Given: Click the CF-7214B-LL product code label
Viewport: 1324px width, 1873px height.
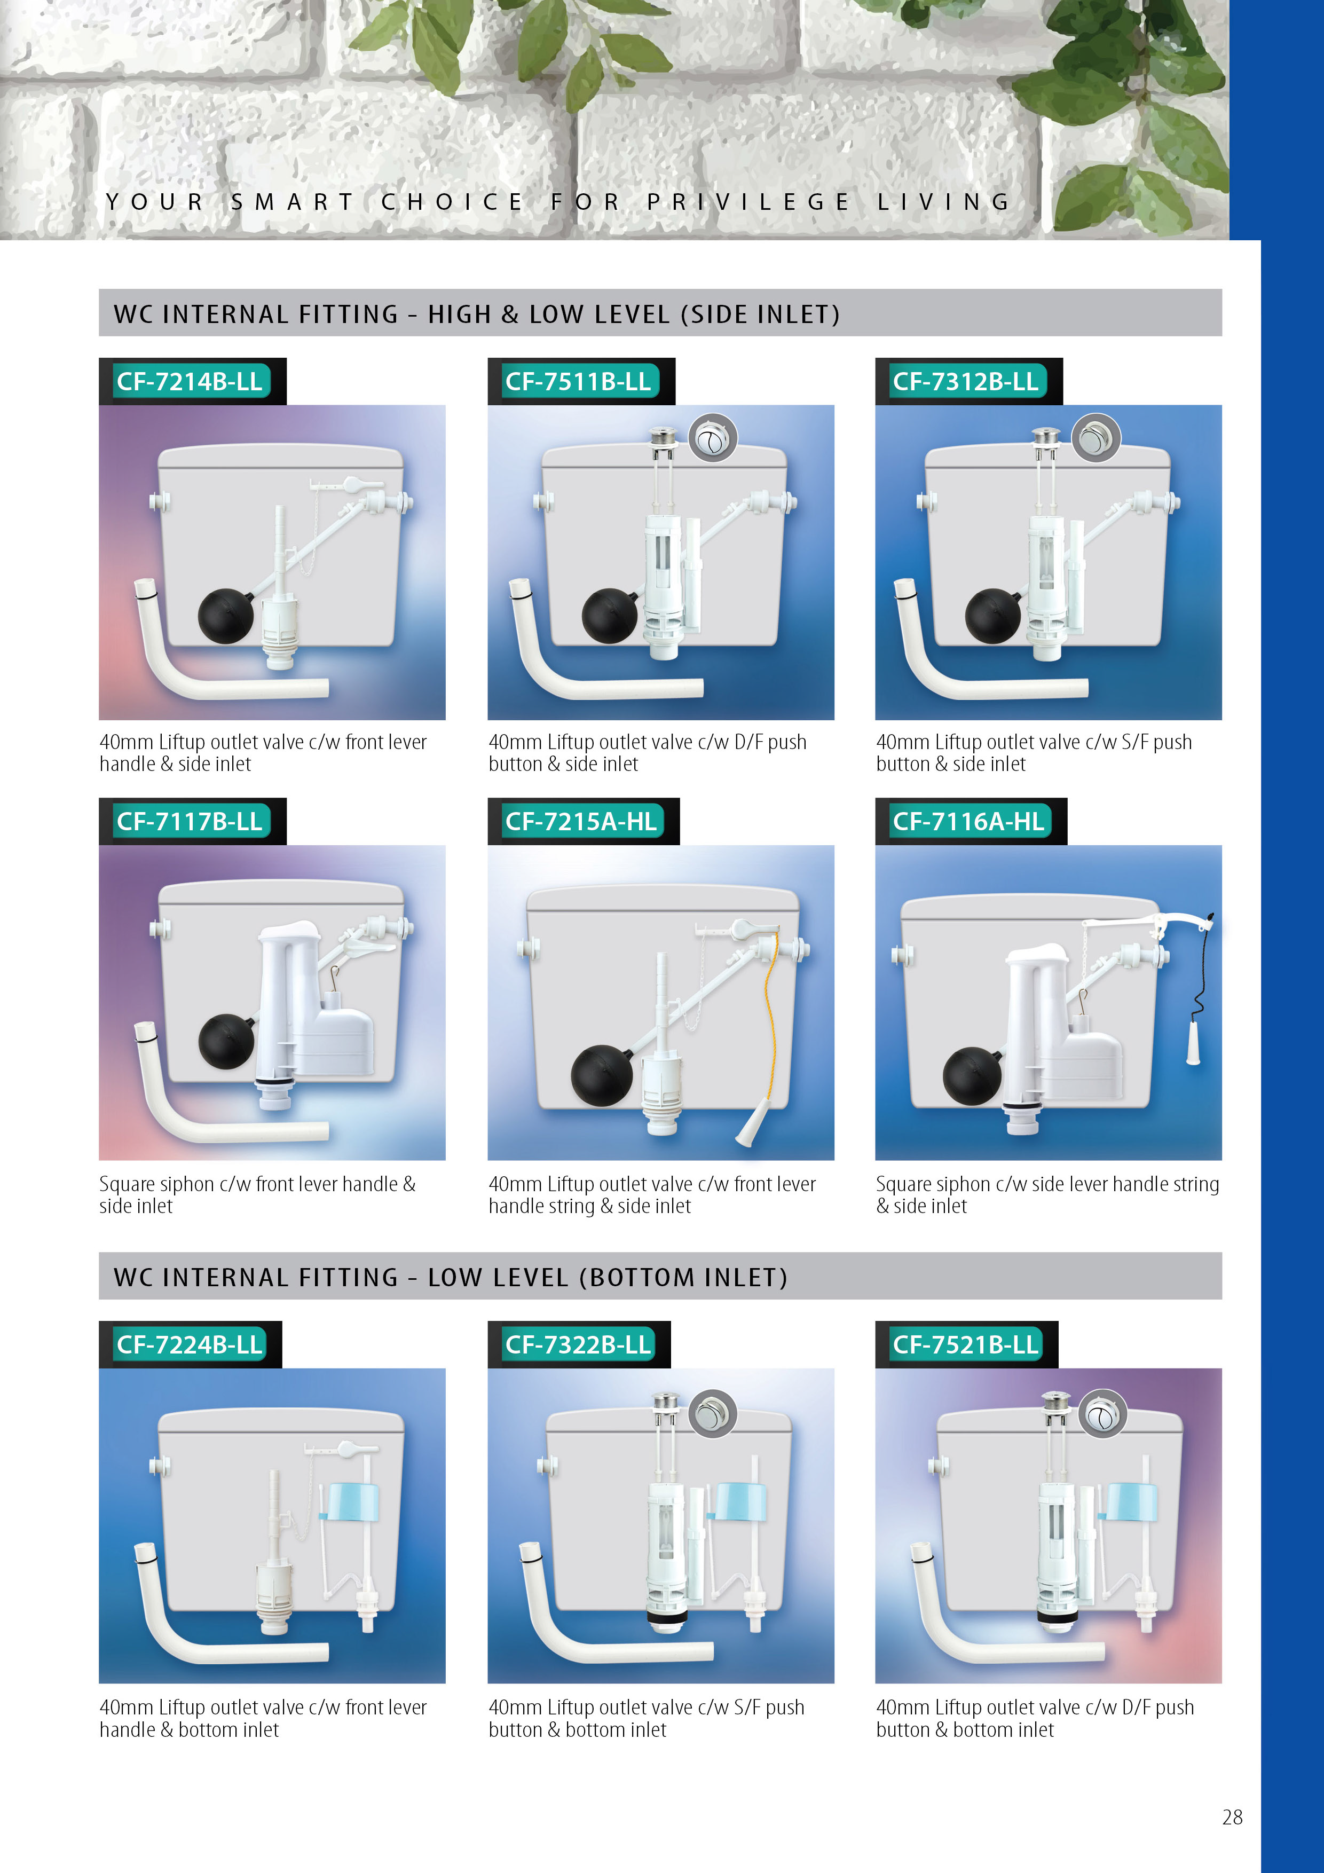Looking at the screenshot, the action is (x=190, y=382).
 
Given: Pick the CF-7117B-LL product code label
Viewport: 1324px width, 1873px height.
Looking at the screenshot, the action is (x=190, y=822).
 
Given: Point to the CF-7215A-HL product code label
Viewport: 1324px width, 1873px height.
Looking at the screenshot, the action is (x=581, y=822).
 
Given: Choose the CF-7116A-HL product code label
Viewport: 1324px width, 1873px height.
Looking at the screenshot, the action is (x=968, y=822).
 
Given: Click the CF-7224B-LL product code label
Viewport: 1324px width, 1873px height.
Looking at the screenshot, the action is (x=190, y=1344).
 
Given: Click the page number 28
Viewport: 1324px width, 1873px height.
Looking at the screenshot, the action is (x=1232, y=1817).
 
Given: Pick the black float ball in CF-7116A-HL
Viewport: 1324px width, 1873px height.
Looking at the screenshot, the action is (x=972, y=1076).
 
